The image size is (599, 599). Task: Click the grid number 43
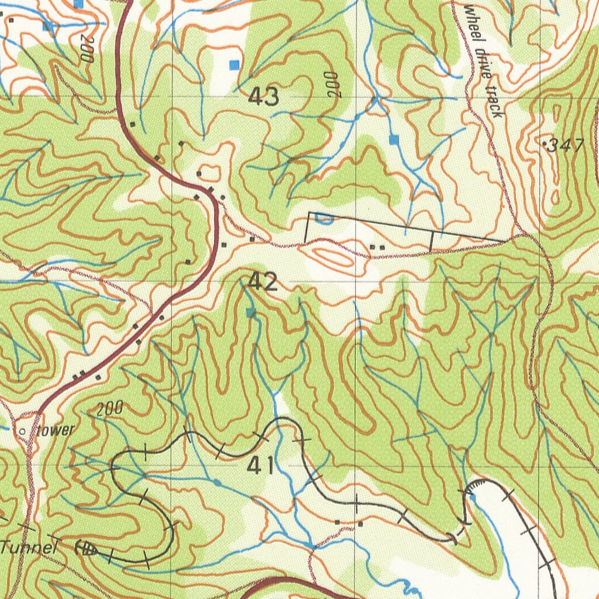click(x=263, y=97)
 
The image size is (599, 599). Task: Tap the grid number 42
click(x=263, y=283)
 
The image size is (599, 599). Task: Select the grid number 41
click(x=261, y=466)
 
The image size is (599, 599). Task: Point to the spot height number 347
click(x=566, y=146)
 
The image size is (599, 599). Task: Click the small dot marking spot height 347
click(x=545, y=143)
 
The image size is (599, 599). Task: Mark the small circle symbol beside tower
click(x=23, y=431)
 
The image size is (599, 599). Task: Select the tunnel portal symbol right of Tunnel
click(x=87, y=549)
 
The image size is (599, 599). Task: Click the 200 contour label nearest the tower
click(x=109, y=409)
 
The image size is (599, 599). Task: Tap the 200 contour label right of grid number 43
click(x=332, y=85)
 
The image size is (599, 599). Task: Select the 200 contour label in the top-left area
click(x=87, y=49)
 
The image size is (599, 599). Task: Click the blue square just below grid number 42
click(x=251, y=313)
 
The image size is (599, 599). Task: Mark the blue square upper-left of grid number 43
click(x=235, y=64)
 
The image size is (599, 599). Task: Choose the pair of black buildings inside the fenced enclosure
click(x=377, y=248)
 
